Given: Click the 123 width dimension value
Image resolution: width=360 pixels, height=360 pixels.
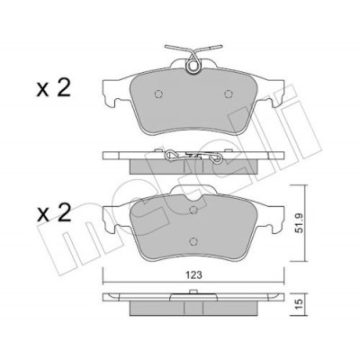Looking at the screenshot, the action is point(194,274).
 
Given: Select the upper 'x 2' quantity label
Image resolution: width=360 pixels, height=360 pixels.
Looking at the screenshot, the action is point(53,88).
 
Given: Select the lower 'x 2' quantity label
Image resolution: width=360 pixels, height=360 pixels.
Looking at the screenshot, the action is point(53,212).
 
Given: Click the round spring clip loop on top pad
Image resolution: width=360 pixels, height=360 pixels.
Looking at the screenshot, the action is point(193,65).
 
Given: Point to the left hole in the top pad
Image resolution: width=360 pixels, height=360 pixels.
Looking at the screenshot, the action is point(158,94).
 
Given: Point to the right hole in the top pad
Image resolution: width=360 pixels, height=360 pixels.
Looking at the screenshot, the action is point(229,94).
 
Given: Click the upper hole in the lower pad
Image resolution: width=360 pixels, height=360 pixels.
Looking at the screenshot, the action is point(193,209).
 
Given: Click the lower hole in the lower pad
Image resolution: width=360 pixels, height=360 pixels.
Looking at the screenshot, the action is point(193,241).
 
